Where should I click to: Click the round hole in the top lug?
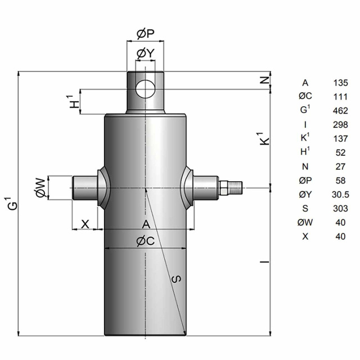coord(145,89)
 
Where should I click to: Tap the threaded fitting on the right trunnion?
coord(230,187)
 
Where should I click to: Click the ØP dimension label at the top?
coord(146,34)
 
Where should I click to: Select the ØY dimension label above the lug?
coord(145,53)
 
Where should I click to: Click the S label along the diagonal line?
coord(176,278)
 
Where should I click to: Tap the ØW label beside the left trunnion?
coord(40,188)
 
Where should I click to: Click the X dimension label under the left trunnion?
coord(85,224)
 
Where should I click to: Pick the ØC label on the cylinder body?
coord(146,241)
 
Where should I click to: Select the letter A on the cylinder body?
coord(146,224)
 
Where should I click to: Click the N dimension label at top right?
coord(265,80)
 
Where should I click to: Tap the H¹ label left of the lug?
coord(74,102)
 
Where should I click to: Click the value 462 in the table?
coord(340,111)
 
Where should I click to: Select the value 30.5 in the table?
coord(340,195)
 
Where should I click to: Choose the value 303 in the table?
coord(340,209)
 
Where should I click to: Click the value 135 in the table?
coord(340,83)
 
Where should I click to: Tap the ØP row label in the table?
coord(305,181)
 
